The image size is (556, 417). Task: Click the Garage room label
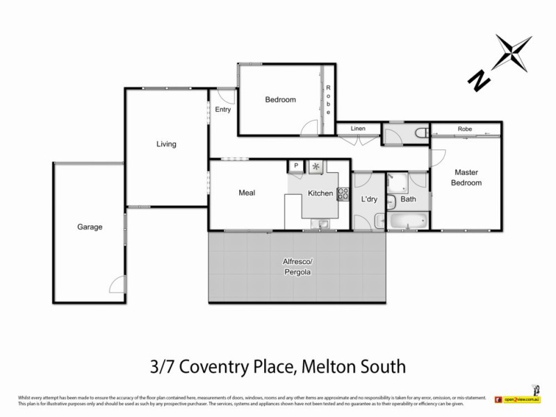point(90,227)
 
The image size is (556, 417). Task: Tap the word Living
point(166,145)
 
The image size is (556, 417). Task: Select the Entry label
point(223,110)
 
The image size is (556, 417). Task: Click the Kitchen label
point(320,193)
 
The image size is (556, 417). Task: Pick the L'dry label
point(368,199)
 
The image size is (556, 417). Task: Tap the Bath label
point(408,199)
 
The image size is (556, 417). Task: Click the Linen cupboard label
point(358,129)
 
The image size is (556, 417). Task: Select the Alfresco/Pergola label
point(296,267)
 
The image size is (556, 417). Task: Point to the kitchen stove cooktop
point(343,194)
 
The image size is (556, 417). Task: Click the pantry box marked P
point(295,166)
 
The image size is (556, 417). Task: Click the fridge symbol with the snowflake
point(317,166)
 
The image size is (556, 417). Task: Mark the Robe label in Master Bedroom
point(466,129)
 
